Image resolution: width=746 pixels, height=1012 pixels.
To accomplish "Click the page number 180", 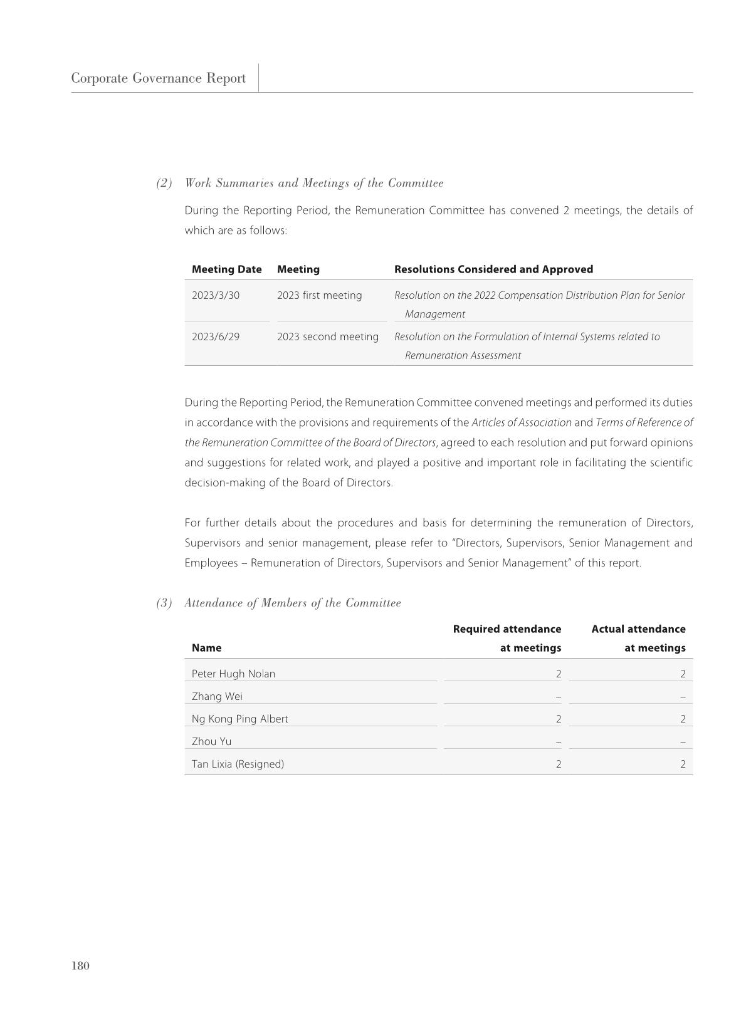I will click(80, 966).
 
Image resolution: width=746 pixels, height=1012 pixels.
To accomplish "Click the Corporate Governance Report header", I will click(158, 78).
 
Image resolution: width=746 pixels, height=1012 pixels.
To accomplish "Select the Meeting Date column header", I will click(226, 269).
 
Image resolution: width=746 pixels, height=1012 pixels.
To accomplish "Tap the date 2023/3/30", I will click(216, 295).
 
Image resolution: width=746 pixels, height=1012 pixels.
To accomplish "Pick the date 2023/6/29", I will click(216, 336).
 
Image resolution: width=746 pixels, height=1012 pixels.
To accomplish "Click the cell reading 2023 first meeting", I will click(319, 295).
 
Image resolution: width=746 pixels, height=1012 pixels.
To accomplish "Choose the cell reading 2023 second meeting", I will click(327, 336).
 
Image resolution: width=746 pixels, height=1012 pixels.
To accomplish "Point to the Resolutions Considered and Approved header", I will click(493, 269).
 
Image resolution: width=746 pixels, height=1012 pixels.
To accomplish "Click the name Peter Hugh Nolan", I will click(233, 674).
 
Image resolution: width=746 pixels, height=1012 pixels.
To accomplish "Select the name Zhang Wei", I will click(217, 696).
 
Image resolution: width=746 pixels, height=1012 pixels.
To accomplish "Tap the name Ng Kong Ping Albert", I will click(239, 719).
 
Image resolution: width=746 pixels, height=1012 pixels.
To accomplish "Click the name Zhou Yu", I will click(211, 741).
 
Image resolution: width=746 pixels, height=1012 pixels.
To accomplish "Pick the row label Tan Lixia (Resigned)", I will click(238, 764).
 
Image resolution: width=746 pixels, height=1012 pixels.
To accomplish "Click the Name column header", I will click(206, 648).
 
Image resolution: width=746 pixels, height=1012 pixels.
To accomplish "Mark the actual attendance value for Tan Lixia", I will click(683, 764).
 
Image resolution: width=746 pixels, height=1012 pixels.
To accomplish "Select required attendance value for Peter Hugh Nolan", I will click(558, 674).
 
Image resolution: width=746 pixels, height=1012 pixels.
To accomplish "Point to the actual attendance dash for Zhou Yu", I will click(683, 741).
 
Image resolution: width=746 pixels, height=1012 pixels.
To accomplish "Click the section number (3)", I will click(164, 603).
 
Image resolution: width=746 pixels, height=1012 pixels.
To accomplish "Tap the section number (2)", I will click(164, 183).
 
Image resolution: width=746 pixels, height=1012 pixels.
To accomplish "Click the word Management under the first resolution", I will click(434, 314).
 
